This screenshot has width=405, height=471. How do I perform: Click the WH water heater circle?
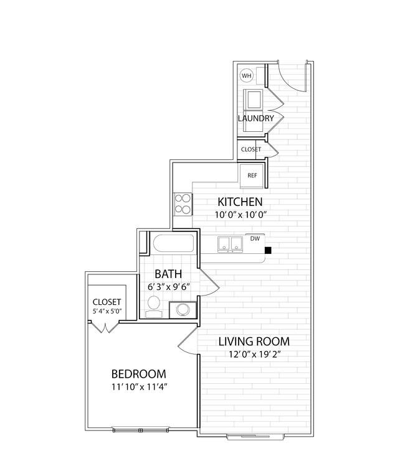tap(247, 75)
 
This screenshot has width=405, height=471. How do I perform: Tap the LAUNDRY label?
tap(255, 118)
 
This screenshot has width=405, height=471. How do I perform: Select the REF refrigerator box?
tap(252, 175)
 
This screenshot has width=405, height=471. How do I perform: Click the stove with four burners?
tap(183, 204)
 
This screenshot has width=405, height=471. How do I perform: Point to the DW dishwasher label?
tap(255, 238)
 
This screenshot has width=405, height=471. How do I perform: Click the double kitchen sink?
tap(230, 244)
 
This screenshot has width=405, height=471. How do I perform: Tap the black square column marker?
tap(268, 250)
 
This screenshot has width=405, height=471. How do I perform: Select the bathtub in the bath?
tap(173, 243)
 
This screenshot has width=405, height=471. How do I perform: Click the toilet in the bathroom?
tap(154, 306)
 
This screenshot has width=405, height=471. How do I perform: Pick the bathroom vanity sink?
tap(183, 310)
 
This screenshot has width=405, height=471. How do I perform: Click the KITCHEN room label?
tap(240, 202)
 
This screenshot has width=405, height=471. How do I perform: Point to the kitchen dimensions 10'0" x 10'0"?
tap(241, 215)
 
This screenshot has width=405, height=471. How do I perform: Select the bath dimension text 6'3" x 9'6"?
tap(168, 287)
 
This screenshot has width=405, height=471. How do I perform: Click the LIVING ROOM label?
tap(254, 342)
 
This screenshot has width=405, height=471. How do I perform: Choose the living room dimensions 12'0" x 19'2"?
tap(255, 355)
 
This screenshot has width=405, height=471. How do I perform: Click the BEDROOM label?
tap(139, 374)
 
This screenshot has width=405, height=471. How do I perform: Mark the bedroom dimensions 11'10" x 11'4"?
tap(140, 387)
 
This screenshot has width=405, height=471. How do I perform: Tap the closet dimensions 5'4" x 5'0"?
tap(107, 311)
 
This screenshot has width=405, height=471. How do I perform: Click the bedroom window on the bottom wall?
tap(141, 430)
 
